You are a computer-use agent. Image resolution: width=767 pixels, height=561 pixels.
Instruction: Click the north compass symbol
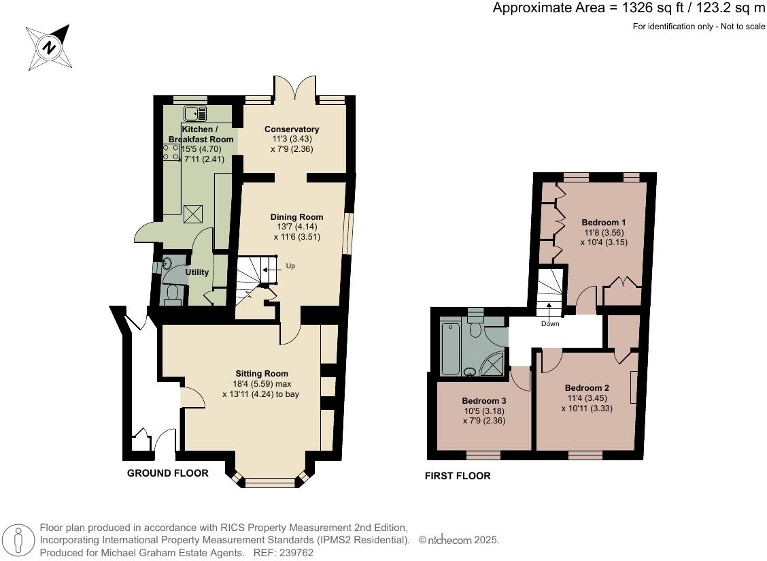(x=48, y=47)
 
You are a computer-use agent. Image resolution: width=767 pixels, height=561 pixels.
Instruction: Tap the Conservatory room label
(x=292, y=129)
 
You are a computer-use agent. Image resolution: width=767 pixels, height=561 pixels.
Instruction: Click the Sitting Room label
(x=262, y=374)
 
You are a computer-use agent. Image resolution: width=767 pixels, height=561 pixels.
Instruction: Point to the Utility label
(x=197, y=272)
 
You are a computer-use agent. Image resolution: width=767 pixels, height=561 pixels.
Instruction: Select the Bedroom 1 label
(x=604, y=223)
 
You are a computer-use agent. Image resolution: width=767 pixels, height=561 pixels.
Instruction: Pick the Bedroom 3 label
(x=484, y=400)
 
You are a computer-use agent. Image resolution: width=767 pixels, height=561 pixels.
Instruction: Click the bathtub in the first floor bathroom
(x=450, y=349)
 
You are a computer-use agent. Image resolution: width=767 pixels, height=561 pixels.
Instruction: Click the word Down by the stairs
(x=550, y=323)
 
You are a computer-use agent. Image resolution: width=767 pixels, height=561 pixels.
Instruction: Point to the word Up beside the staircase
(x=290, y=266)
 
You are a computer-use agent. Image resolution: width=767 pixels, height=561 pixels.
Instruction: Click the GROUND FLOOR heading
(x=168, y=473)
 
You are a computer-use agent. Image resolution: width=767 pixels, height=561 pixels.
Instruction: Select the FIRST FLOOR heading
(x=458, y=476)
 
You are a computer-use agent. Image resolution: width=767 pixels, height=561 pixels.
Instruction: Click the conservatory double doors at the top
(x=295, y=89)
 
